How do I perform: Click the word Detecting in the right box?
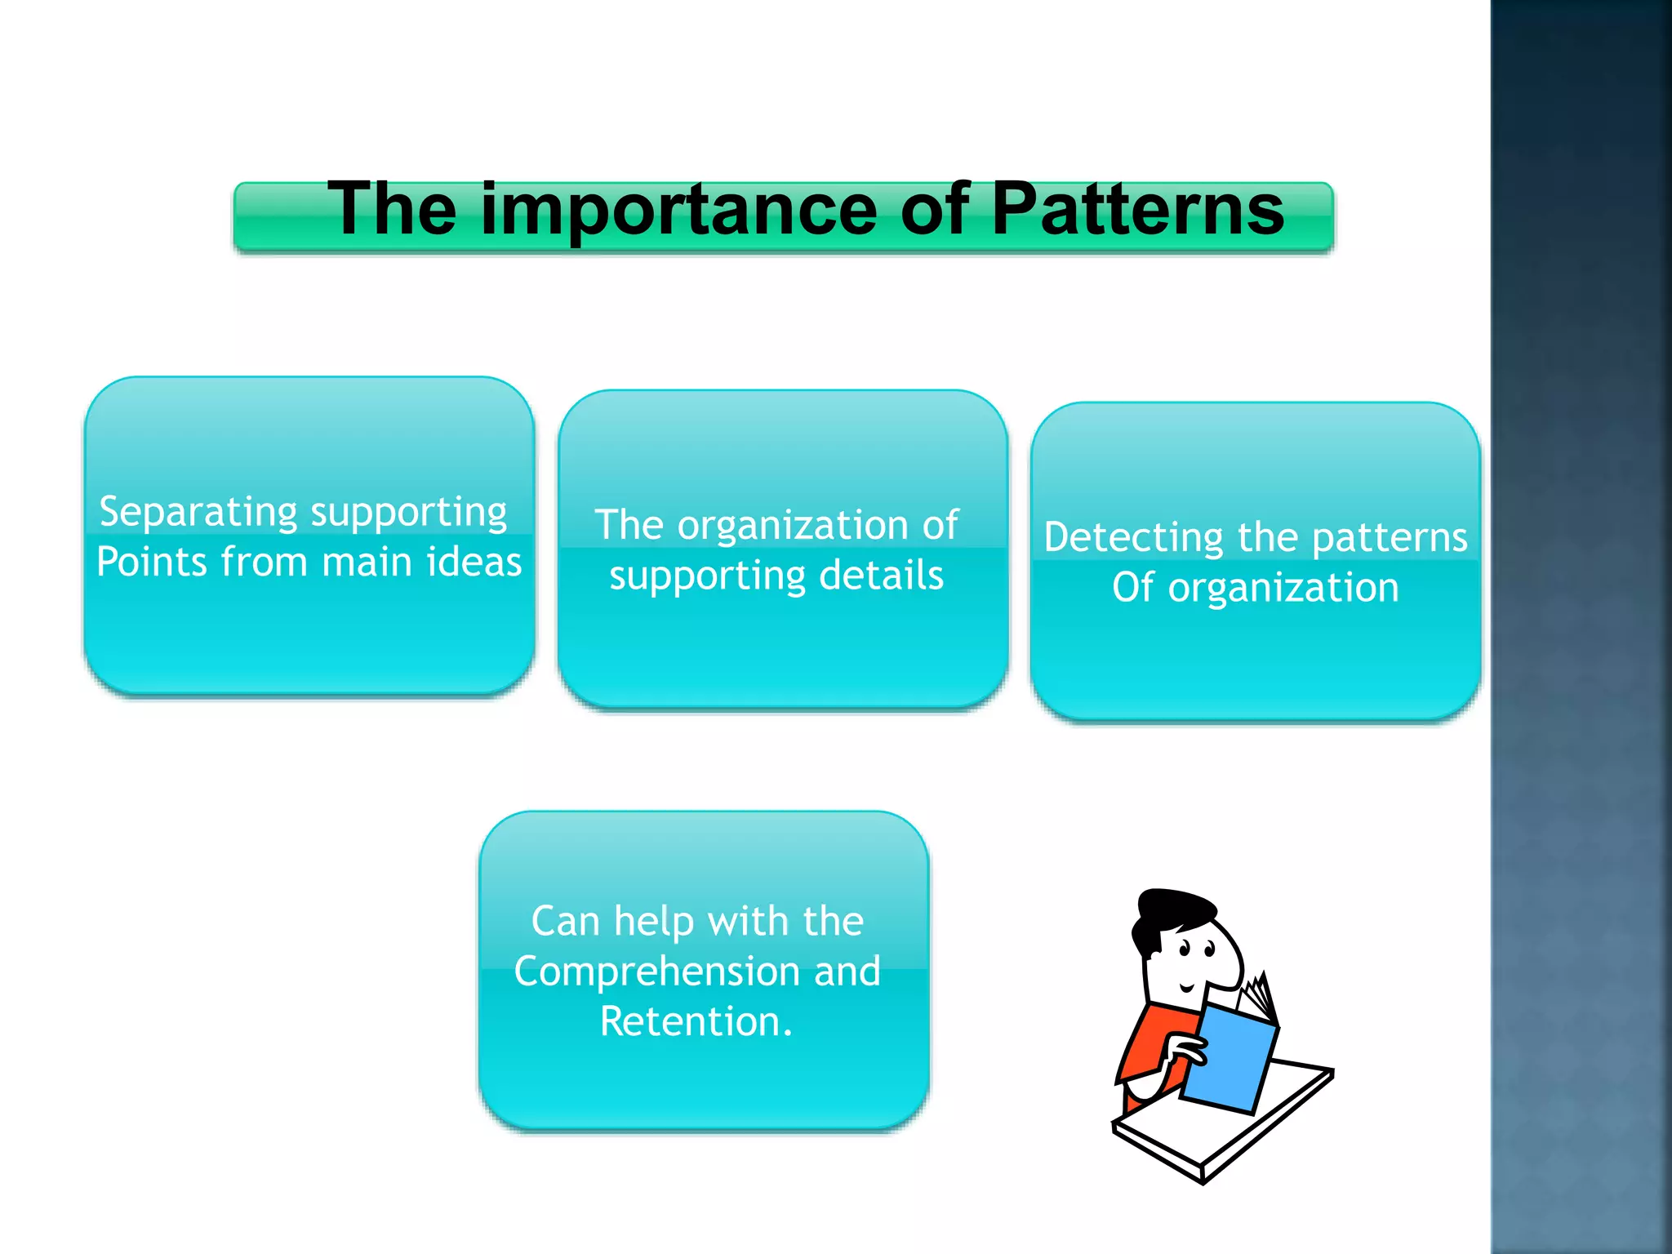(x=1135, y=538)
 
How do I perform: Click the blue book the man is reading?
(x=1228, y=1057)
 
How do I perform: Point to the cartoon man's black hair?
(x=1176, y=911)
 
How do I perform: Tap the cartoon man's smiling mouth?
(x=1187, y=989)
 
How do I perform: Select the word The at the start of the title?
(x=392, y=211)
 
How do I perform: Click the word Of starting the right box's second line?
(x=1132, y=588)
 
